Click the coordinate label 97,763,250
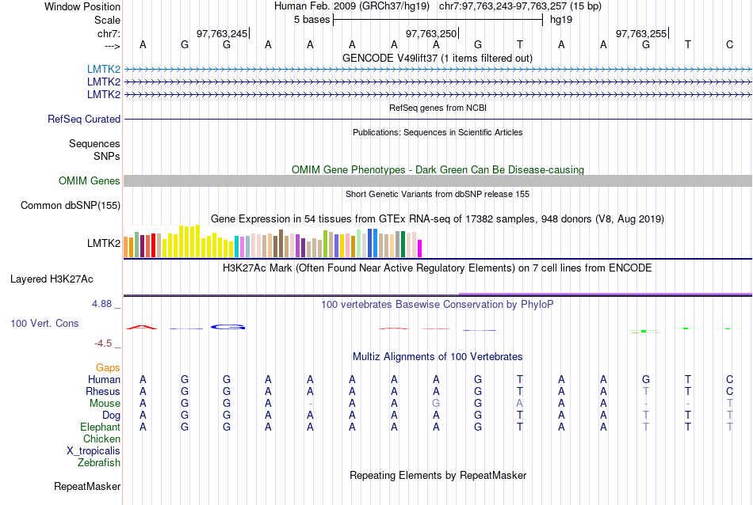[431, 33]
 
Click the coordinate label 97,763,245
[222, 33]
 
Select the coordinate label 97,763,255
[641, 33]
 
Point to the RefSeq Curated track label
[84, 119]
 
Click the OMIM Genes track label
[90, 181]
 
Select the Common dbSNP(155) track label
[71, 206]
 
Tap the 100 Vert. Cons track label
[44, 324]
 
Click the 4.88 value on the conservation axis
[105, 303]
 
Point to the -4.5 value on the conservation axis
[106, 344]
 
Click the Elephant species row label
[100, 427]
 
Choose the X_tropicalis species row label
[94, 450]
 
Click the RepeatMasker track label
[87, 486]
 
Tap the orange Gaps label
[108, 368]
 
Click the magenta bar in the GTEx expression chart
[420, 249]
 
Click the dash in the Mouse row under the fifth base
[311, 404]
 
